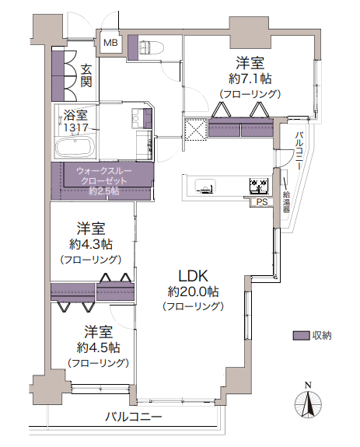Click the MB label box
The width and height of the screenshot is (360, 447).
click(110, 44)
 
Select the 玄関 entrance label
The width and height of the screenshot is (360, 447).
click(86, 75)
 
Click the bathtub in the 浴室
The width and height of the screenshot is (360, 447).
click(74, 146)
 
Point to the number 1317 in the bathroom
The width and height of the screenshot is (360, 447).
click(76, 127)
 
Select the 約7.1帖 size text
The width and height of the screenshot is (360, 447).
click(250, 78)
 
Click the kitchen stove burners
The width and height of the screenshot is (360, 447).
click(258, 186)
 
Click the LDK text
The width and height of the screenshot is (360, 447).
click(194, 275)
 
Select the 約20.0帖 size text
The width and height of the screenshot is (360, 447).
click(194, 292)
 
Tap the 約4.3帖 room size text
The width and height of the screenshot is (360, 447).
click(91, 244)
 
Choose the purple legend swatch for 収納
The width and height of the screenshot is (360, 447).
click(301, 336)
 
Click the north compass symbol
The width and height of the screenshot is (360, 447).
click(308, 404)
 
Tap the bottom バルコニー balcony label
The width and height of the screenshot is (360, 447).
click(134, 417)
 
